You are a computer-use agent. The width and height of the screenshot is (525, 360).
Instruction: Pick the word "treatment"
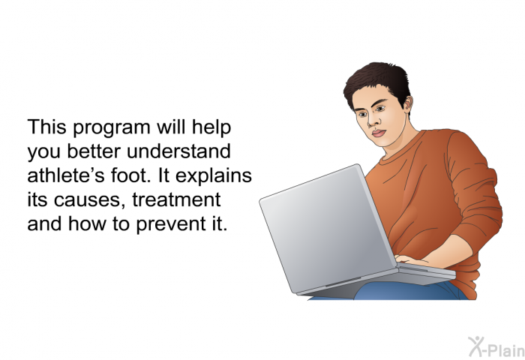(x=176, y=199)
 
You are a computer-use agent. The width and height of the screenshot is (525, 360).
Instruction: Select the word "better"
(x=94, y=151)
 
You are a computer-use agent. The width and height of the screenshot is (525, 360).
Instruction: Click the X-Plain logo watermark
(x=496, y=347)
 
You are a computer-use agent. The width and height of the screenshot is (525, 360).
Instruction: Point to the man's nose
(x=372, y=121)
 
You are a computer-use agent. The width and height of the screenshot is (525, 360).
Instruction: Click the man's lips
(x=379, y=133)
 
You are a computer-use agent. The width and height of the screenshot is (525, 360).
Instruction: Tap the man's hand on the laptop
(x=411, y=260)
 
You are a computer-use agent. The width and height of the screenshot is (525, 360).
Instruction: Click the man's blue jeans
(x=402, y=291)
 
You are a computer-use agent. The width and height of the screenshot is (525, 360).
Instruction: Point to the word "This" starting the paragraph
(x=46, y=127)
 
